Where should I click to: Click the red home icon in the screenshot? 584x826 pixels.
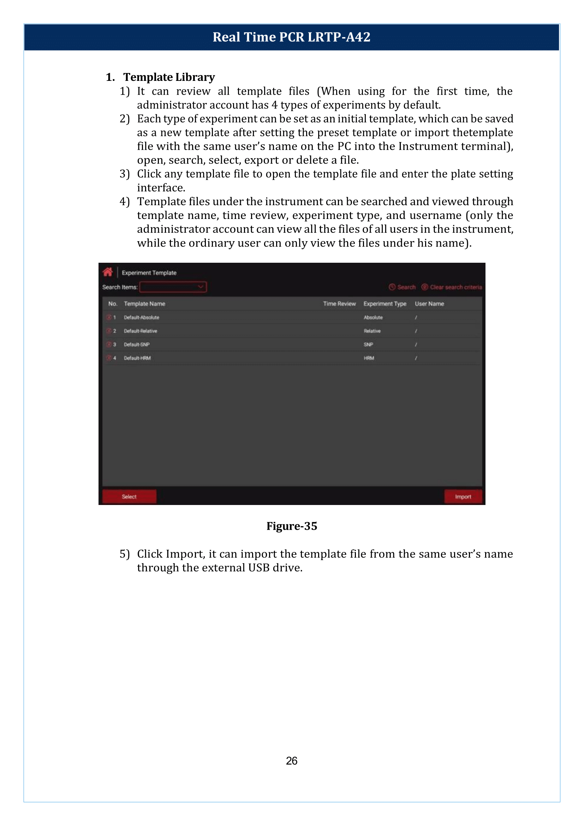point(108,272)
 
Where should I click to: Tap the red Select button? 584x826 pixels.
point(129,497)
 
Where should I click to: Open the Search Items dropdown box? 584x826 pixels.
point(173,287)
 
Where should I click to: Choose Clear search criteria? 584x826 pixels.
point(452,287)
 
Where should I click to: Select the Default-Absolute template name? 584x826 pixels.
point(141,317)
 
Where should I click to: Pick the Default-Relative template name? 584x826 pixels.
point(140,331)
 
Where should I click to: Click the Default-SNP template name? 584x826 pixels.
point(137,345)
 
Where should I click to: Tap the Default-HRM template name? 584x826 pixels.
point(137,358)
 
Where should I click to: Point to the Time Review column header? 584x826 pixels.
point(339,304)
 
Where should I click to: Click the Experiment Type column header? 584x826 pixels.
point(385,304)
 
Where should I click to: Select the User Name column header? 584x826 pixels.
point(429,304)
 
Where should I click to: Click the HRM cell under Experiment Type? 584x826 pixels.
point(369,358)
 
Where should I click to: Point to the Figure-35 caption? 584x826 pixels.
point(292,526)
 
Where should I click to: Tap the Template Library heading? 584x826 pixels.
point(169,77)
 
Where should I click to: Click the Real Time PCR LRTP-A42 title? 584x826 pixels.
point(291,37)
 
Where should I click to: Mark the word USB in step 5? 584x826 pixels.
point(258,567)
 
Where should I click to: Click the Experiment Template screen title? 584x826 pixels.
point(149,273)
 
